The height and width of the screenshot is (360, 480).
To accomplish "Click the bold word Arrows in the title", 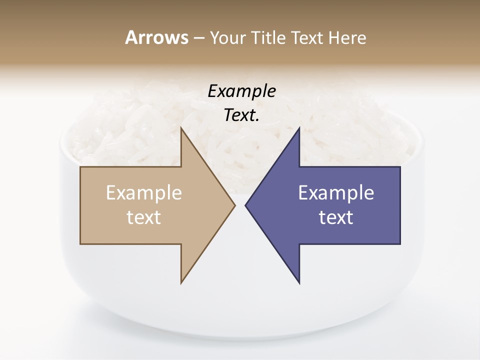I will pyautogui.click(x=156, y=38).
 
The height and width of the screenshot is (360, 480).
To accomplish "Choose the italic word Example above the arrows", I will pyautogui.click(x=241, y=91).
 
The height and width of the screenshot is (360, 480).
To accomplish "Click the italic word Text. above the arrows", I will pyautogui.click(x=241, y=115).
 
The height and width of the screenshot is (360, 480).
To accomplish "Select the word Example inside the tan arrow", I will pyautogui.click(x=144, y=193).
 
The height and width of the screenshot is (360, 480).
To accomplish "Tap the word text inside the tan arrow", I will pyautogui.click(x=144, y=217).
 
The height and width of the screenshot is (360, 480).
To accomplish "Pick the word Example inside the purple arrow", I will pyautogui.click(x=336, y=193).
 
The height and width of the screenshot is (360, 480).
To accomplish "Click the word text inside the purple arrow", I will pyautogui.click(x=336, y=217).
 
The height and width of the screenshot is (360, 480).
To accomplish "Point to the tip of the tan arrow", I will pyautogui.click(x=235, y=205).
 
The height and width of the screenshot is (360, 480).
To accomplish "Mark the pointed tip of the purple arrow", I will pyautogui.click(x=245, y=205).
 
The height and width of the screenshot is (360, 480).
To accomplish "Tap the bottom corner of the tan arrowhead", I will pyautogui.click(x=181, y=283).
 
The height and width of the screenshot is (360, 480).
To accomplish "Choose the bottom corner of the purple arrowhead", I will pyautogui.click(x=299, y=283).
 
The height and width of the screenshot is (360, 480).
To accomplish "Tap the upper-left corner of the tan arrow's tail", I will pyautogui.click(x=80, y=167).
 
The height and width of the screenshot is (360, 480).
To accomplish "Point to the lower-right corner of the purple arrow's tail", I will pyautogui.click(x=400, y=244).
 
